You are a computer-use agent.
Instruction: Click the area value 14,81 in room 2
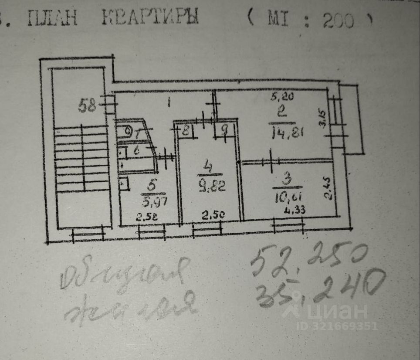tap(284, 132)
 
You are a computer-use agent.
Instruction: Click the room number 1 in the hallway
tap(169, 103)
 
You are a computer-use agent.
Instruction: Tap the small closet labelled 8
tap(185, 129)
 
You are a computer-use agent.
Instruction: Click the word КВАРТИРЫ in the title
tap(150, 17)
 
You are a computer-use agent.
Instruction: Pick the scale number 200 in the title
tap(339, 21)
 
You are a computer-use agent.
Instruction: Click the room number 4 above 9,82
tap(208, 167)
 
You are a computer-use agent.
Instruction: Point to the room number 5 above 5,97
tap(152, 185)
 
